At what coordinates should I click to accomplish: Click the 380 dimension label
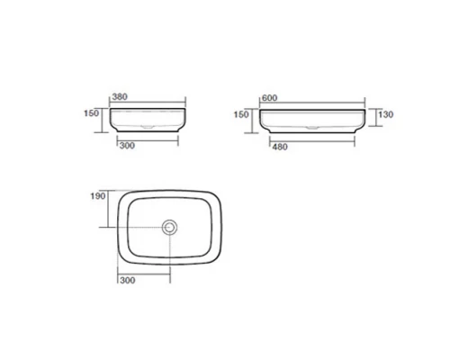120,96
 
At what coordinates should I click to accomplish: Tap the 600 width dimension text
269,98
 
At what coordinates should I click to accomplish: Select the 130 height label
385,114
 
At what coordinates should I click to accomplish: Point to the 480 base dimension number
280,147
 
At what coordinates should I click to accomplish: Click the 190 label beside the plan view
98,196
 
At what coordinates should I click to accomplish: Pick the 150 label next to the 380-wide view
91,113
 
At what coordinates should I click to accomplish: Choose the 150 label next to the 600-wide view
241,114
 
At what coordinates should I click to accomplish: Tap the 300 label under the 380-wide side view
127,146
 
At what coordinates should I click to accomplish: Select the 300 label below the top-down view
128,280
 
